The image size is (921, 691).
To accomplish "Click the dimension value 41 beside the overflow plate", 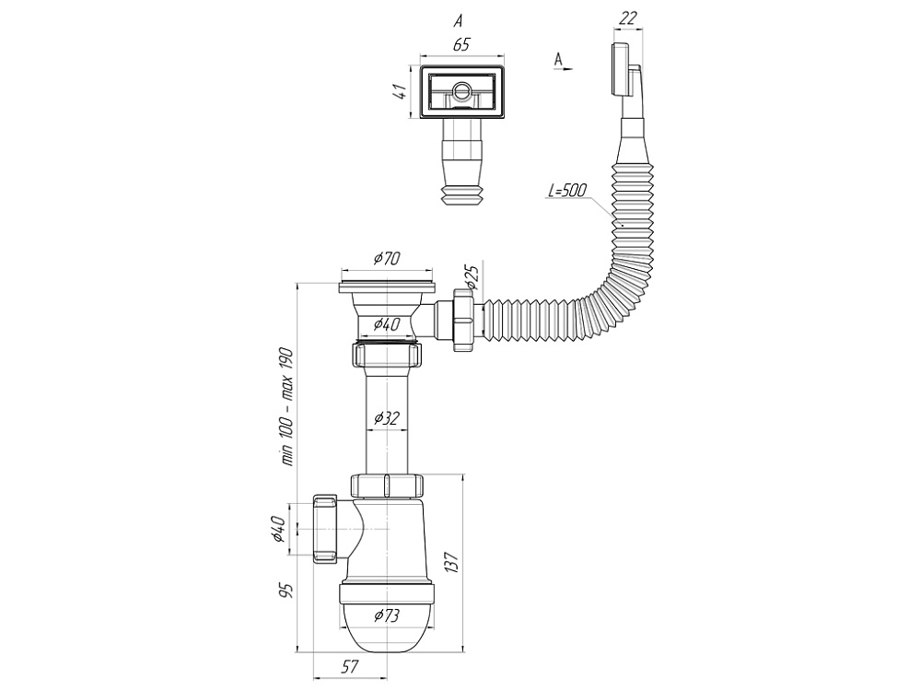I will pos(399,92).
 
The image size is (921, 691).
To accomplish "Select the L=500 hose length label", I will pos(567,190).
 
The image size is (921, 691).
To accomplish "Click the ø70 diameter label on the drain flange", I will pos(386,259).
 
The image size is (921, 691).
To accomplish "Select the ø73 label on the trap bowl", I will pos(386,615).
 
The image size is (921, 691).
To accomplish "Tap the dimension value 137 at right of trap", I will pos(451,563).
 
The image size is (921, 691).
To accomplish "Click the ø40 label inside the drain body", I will pos(386,323).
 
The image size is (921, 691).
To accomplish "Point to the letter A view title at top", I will pos(458,18).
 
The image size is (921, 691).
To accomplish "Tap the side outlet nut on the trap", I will pos(324,529).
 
